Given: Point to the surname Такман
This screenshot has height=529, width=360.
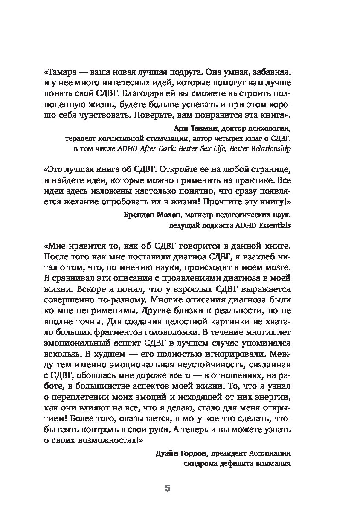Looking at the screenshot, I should [203, 128].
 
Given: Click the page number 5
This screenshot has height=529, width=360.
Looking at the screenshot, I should [167, 488].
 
